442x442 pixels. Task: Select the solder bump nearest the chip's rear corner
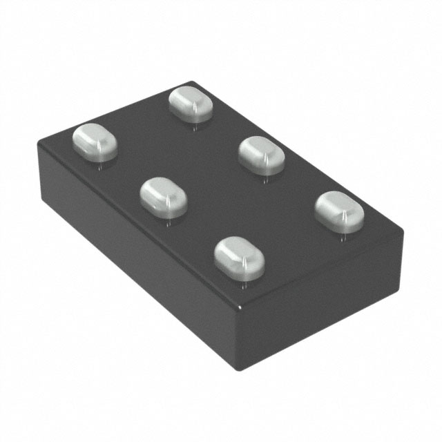coord(191,103)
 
